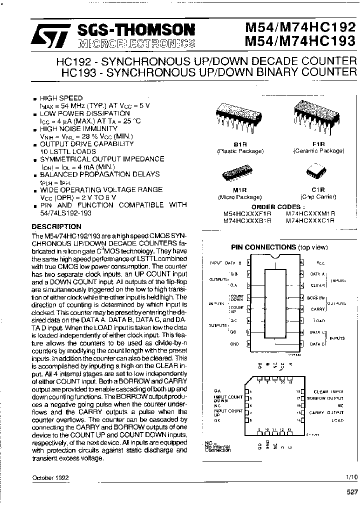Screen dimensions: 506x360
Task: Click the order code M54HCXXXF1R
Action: point(247,212)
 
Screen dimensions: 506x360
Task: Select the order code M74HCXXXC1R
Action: point(310,219)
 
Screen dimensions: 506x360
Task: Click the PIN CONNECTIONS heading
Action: point(263,247)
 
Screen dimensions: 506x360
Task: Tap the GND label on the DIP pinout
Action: point(234,344)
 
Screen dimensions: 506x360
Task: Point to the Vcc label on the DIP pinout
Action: point(320,262)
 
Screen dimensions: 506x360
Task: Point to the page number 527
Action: point(352,492)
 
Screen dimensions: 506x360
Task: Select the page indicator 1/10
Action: point(351,477)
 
